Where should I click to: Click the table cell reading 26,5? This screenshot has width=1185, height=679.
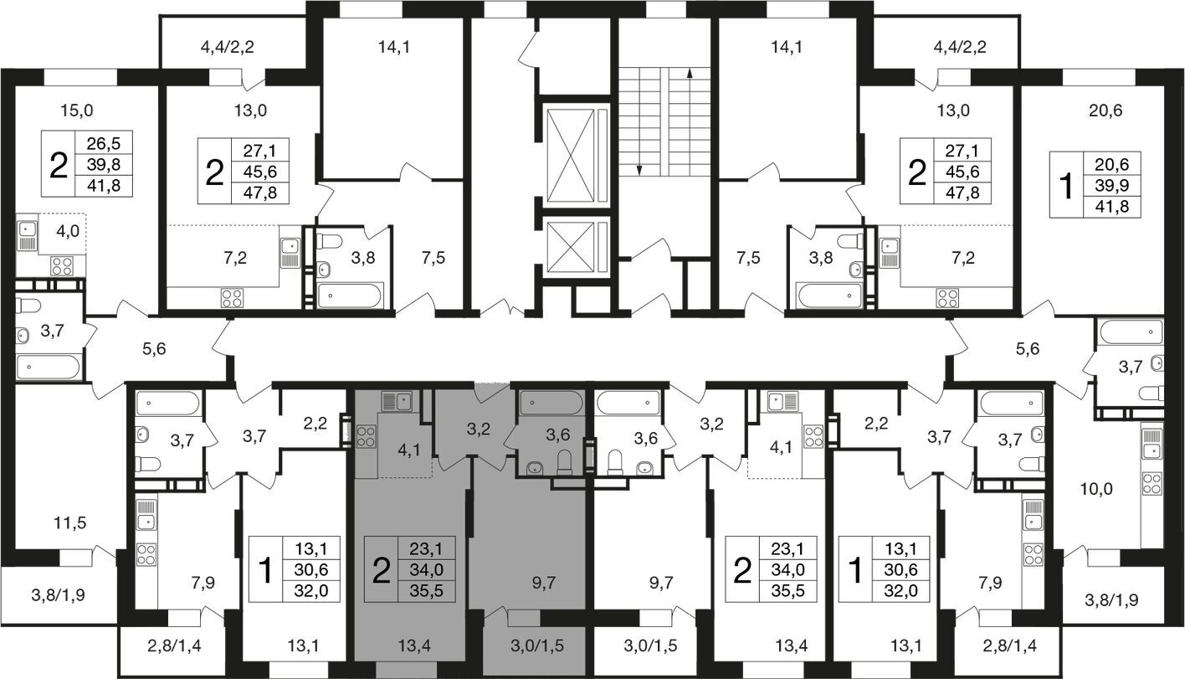pyautogui.click(x=104, y=141)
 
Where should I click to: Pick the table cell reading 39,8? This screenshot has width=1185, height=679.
pyautogui.click(x=104, y=164)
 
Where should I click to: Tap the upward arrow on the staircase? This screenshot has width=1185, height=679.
pyautogui.click(x=690, y=74)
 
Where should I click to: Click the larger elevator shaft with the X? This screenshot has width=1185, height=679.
pyautogui.click(x=569, y=153)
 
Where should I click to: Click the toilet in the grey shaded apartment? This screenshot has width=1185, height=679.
pyautogui.click(x=564, y=460)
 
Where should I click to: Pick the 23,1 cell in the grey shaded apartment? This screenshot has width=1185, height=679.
pyautogui.click(x=426, y=550)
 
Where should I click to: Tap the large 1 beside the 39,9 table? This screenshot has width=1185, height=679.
pyautogui.click(x=1065, y=184)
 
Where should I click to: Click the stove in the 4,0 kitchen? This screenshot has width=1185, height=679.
pyautogui.click(x=62, y=266)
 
